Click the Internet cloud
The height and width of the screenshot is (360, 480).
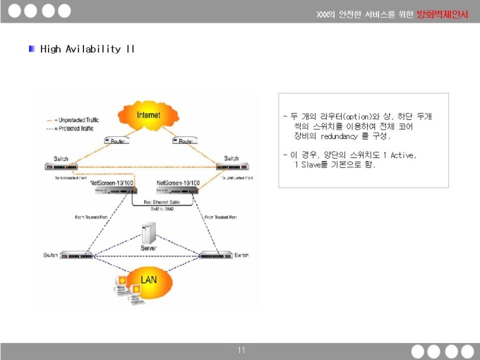148,115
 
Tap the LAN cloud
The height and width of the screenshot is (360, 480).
148,280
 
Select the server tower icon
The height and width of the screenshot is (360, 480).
149,234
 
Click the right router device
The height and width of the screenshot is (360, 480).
186,140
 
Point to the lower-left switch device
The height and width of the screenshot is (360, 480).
76,254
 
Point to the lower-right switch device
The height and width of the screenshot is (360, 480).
215,254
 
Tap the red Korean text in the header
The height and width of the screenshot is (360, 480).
442,14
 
